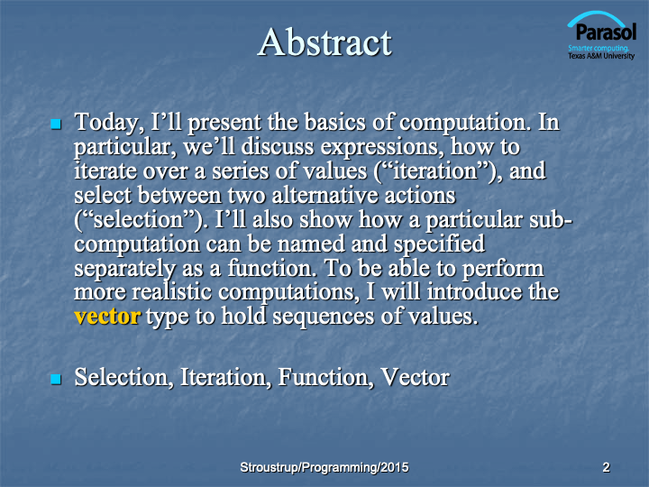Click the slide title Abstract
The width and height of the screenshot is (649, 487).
324,42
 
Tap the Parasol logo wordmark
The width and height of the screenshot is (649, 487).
606,32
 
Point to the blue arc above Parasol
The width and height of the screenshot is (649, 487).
596,16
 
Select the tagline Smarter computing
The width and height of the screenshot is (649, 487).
599,48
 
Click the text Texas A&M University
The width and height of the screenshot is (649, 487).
601,56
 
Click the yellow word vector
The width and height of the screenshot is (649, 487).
107,317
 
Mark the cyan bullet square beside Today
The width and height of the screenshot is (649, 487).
56,124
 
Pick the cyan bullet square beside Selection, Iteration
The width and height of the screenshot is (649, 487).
56,379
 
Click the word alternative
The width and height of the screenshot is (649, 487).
324,195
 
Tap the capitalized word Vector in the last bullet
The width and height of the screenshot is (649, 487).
415,377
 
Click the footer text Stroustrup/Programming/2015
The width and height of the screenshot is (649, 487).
324,467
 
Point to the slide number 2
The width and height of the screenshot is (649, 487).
606,467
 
